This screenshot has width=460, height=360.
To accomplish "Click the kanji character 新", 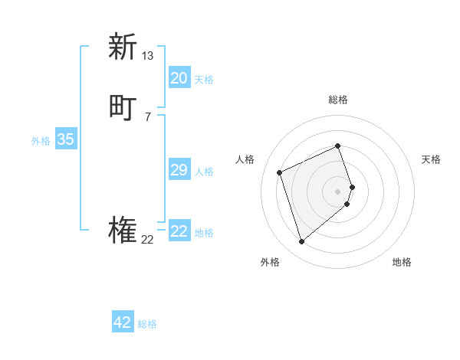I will pos(123,47).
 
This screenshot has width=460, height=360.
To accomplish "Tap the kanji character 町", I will pos(123,108).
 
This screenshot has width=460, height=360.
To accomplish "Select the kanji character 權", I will pos(123,231).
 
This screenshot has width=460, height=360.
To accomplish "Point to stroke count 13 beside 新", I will pos(148,56).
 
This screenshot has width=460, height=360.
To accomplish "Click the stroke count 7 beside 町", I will pos(147,117).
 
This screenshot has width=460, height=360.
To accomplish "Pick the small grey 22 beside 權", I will pos(147,240).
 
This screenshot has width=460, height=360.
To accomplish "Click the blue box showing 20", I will pos(179,78).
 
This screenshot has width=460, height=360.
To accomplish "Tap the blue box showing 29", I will pos(179,170).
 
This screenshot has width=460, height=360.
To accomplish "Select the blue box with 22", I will pos(179,231).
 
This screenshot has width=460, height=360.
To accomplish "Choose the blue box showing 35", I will pos(65,139).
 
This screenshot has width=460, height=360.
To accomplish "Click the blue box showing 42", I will pos(123,322).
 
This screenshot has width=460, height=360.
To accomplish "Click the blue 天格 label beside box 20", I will pos(204,80).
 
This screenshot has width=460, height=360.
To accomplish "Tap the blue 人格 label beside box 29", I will pos(204,172).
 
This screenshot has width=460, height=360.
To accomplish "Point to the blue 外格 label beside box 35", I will pos(41,141).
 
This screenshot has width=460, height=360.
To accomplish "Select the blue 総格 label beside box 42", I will pos(147,324).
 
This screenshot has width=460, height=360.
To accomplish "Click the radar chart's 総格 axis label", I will pos(338,100).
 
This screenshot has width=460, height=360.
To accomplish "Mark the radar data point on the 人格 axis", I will pos(281,172).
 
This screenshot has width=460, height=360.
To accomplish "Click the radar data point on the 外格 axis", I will pos(302,242).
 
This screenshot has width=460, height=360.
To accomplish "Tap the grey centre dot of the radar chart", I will pos(338,191).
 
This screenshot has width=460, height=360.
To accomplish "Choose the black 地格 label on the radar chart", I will pos(402,263).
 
